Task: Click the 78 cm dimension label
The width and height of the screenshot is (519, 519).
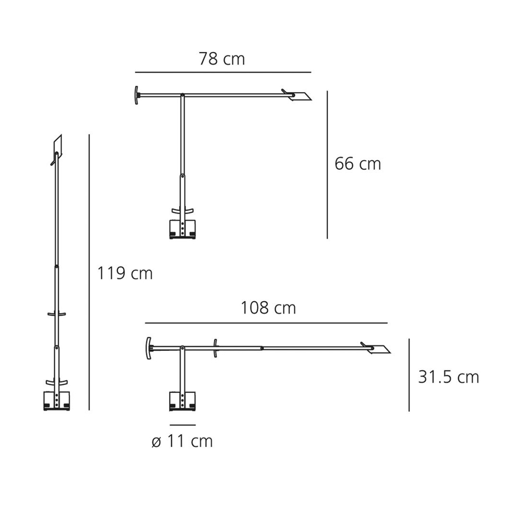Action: pos(222,59)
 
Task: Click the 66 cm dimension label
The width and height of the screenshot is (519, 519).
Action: pos(358,164)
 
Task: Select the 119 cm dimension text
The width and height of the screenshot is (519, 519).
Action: pos(125,273)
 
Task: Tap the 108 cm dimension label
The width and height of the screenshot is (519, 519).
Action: pos(268,308)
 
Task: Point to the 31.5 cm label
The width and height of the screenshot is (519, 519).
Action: pos(449,377)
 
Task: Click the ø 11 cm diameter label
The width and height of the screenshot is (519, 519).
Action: pos(183,442)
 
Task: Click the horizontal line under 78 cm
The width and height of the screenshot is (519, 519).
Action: pos(223,72)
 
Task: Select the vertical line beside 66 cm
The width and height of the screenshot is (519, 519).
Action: pos(327,164)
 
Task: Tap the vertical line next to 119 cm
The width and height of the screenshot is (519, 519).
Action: pos(89,272)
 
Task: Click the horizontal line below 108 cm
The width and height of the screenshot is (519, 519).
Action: pos(266,323)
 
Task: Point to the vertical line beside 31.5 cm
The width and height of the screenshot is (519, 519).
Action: pos(409,375)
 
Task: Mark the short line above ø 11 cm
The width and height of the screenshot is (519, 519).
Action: pos(183,425)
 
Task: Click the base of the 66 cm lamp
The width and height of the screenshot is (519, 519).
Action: pos(183,229)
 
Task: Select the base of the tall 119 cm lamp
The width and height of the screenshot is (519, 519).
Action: pos(56,401)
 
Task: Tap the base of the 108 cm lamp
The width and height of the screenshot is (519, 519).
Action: pos(183,401)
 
